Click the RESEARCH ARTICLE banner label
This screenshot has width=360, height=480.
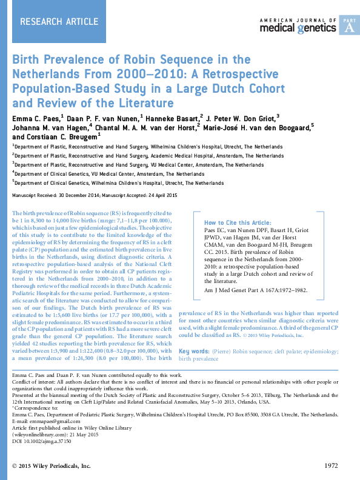59,22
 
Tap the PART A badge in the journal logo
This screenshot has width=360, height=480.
348,25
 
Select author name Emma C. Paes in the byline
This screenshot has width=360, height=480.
36,116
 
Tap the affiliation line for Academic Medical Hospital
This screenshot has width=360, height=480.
139,156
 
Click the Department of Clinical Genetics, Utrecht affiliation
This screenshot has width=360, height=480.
118,182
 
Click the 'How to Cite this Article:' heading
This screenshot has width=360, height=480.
237,223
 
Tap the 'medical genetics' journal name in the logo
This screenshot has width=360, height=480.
299,28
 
